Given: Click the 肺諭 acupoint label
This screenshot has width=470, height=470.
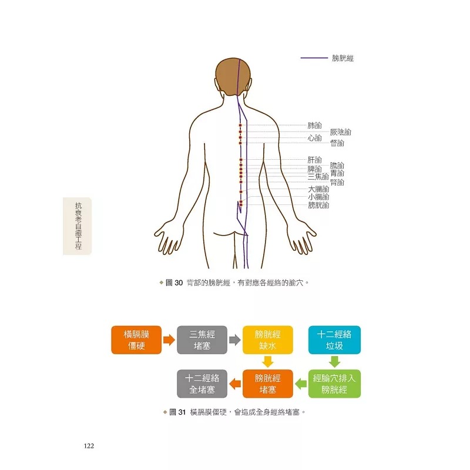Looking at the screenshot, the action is click(x=314, y=125).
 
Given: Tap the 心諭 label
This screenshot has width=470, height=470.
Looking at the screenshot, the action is click(x=314, y=138).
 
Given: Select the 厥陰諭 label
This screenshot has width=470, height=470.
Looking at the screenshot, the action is click(x=340, y=132).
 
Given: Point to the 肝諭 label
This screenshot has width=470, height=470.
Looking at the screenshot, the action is click(x=314, y=160).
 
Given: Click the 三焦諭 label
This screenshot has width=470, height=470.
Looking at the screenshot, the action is click(x=318, y=176).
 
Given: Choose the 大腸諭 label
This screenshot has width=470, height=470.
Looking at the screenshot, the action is click(x=318, y=189).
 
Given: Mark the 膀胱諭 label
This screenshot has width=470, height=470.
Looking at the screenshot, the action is click(x=318, y=205).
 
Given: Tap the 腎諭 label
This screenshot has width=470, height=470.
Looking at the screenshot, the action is click(x=337, y=182).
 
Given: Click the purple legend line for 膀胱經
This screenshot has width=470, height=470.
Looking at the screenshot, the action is click(x=314, y=58).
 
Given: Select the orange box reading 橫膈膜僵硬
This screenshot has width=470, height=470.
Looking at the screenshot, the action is click(x=136, y=340).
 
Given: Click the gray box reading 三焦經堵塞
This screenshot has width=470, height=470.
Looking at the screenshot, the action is click(x=202, y=340).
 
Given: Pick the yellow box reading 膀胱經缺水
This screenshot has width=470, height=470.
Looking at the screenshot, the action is click(x=267, y=340).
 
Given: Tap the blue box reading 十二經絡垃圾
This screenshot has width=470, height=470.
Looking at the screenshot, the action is click(x=334, y=340).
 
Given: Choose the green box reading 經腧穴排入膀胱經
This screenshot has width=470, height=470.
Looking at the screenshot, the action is click(x=334, y=384).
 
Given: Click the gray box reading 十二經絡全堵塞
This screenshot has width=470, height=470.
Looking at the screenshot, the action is click(x=202, y=384).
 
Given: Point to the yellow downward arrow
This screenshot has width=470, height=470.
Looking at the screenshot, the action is click(x=267, y=361).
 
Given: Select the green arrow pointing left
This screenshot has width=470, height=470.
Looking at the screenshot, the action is click(x=300, y=384).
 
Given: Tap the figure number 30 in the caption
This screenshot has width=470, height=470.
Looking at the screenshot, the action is click(x=180, y=283).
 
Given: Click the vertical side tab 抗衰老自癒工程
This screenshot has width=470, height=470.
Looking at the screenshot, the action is click(x=78, y=226).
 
